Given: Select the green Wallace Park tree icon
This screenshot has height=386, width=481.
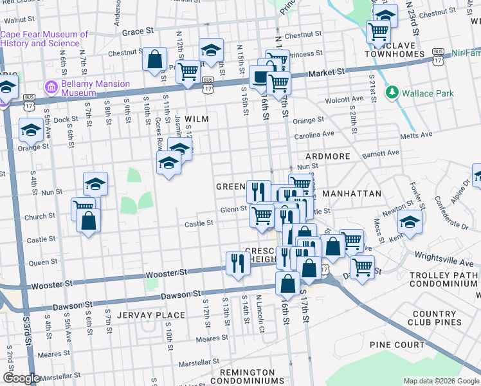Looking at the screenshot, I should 392,93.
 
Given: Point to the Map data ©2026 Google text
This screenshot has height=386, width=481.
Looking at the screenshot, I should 440,381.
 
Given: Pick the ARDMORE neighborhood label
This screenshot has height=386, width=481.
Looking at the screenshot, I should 327,156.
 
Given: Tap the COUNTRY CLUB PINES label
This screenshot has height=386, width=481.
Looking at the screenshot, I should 435,317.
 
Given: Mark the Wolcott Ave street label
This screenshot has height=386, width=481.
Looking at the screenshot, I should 345,100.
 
